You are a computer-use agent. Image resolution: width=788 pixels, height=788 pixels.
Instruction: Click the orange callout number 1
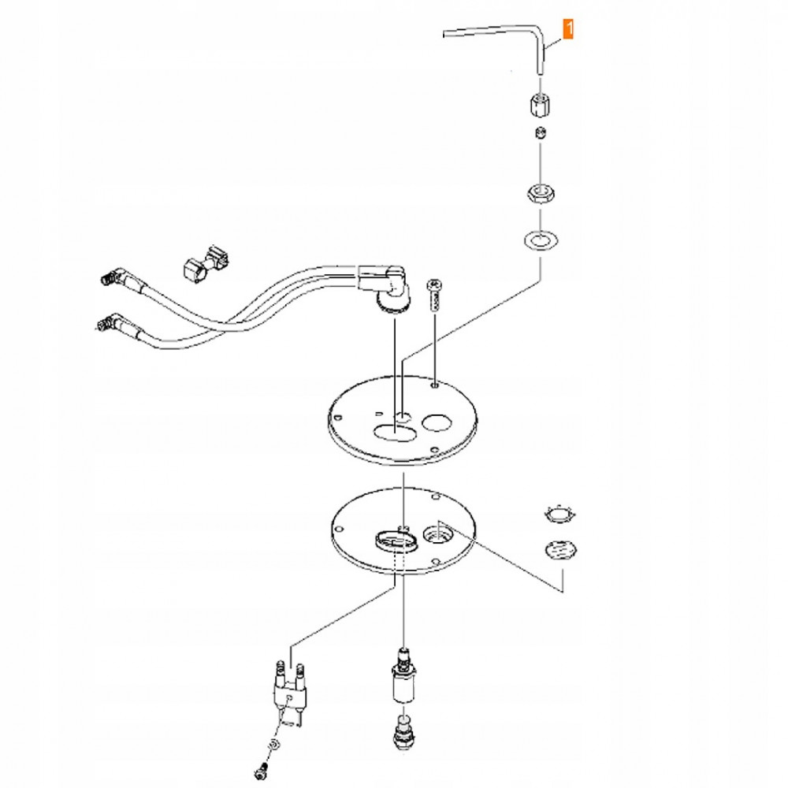point(568,28)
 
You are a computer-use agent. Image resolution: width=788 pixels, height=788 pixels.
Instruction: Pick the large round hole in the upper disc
point(436,422)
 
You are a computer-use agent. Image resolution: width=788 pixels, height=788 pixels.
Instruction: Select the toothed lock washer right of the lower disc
point(560,515)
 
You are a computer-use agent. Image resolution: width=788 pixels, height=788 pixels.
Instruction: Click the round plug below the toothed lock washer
point(561,549)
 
